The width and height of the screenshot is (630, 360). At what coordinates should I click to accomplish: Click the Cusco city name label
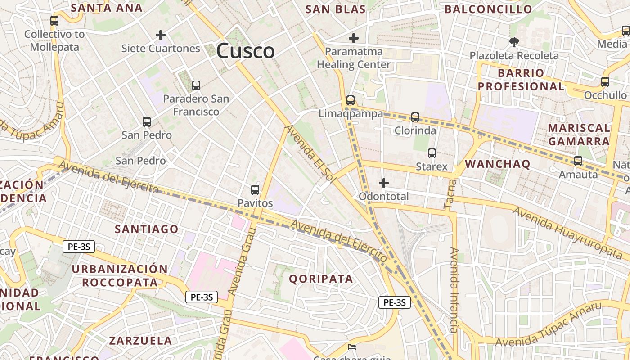point(245,51)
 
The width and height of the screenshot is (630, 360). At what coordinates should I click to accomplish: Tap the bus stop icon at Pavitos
point(255,190)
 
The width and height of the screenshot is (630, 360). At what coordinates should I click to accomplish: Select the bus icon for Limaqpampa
point(351,100)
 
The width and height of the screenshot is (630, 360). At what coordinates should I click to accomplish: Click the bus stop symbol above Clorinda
point(415,117)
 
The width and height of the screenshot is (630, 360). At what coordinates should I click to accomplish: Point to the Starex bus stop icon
point(432,153)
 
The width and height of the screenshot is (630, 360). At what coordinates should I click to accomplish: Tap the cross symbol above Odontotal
point(384,183)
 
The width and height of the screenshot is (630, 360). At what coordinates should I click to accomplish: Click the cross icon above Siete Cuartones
point(161,35)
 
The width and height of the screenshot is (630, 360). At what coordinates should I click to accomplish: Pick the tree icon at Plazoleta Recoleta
point(514,42)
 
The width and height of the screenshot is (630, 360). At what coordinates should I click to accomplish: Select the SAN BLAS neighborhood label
point(335,9)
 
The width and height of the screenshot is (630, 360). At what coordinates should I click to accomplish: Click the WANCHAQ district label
point(498,164)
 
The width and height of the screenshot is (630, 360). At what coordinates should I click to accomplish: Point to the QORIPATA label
point(321,279)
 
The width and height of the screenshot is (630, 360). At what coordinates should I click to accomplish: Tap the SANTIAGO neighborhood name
point(147,229)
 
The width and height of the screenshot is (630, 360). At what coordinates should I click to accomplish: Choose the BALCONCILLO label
point(488,9)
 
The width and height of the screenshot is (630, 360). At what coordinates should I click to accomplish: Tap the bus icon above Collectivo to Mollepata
point(54,21)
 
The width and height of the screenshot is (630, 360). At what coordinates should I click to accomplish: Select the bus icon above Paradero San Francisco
point(196,85)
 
